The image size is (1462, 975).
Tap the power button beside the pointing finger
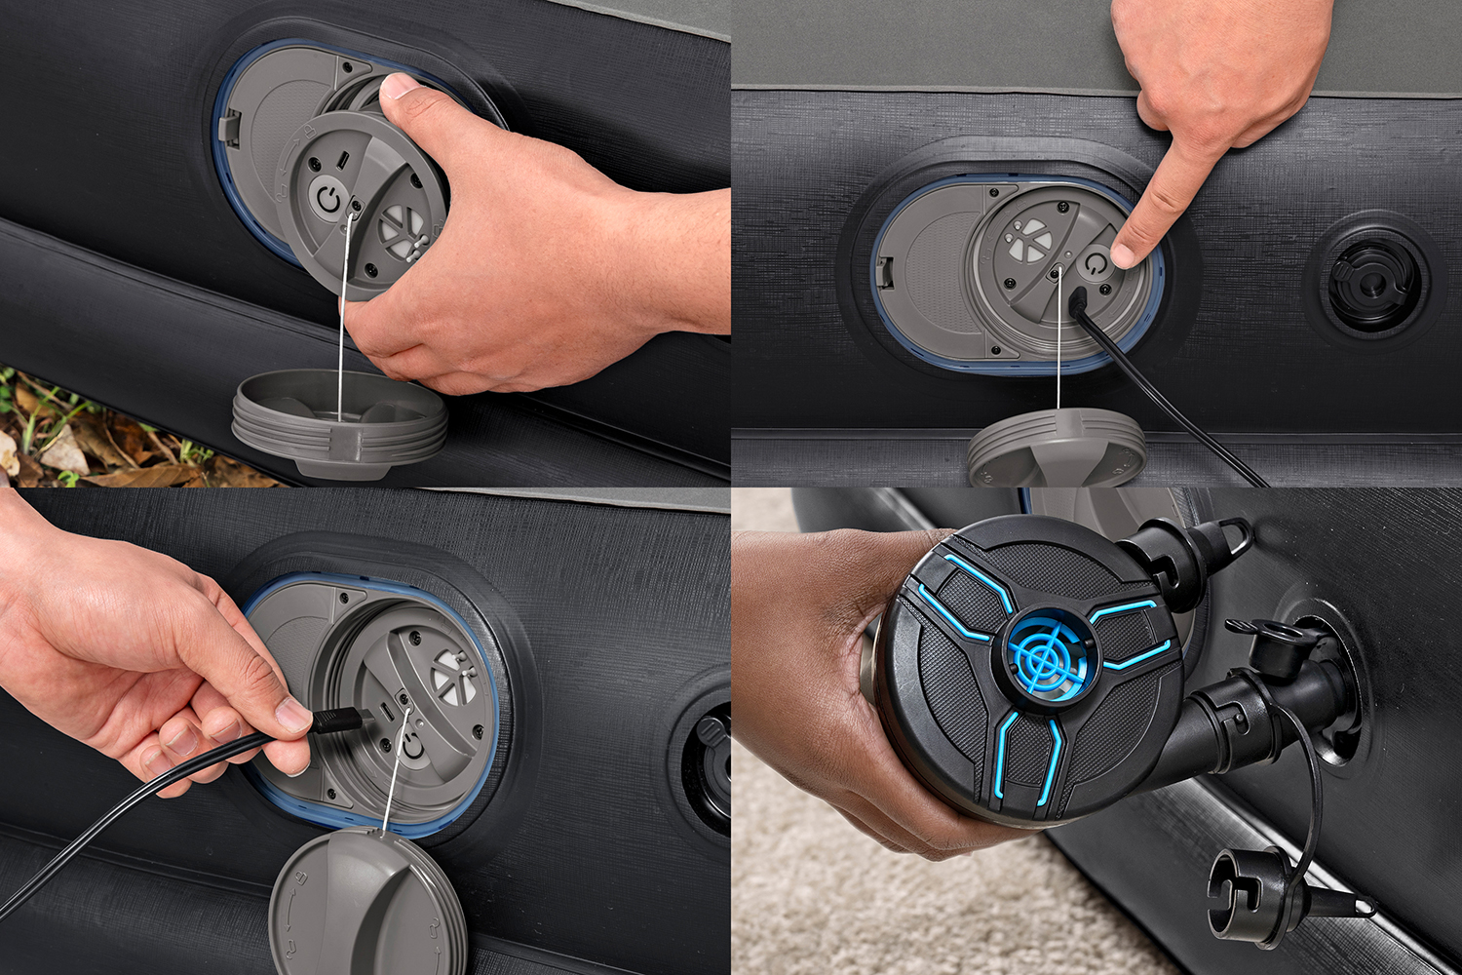tap(1096, 264)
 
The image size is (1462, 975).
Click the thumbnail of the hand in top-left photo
tap(400, 87)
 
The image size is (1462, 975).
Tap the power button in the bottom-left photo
tap(413, 744)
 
